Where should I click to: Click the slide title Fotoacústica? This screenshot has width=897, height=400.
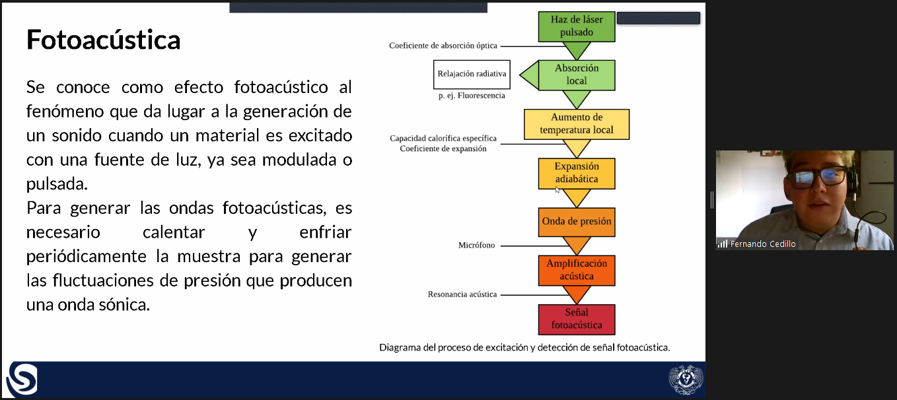(x=103, y=40)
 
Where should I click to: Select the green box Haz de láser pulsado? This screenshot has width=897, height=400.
(x=576, y=26)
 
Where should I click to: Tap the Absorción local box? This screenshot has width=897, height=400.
(x=577, y=75)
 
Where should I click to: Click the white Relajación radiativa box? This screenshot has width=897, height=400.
(x=472, y=75)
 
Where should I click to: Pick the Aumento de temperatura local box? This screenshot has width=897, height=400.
(x=577, y=124)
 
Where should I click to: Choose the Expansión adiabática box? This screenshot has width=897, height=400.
(x=577, y=173)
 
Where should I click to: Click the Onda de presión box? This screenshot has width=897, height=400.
(x=577, y=222)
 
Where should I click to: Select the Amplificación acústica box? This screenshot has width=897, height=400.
(x=577, y=271)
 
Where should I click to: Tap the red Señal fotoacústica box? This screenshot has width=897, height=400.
(x=577, y=319)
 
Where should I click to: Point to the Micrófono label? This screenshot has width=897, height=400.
(x=476, y=245)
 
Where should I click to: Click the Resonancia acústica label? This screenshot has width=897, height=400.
(x=462, y=294)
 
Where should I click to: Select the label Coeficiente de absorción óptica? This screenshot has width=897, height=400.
(x=443, y=46)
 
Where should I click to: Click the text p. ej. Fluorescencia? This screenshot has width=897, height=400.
(x=472, y=96)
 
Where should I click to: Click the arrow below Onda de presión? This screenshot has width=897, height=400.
(x=577, y=245)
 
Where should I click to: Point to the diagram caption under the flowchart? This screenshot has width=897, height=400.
(x=524, y=348)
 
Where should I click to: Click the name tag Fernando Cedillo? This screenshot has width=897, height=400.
(x=762, y=244)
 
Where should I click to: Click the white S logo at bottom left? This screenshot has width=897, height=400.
(x=22, y=379)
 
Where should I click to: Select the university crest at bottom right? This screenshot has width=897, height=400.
(x=686, y=379)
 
